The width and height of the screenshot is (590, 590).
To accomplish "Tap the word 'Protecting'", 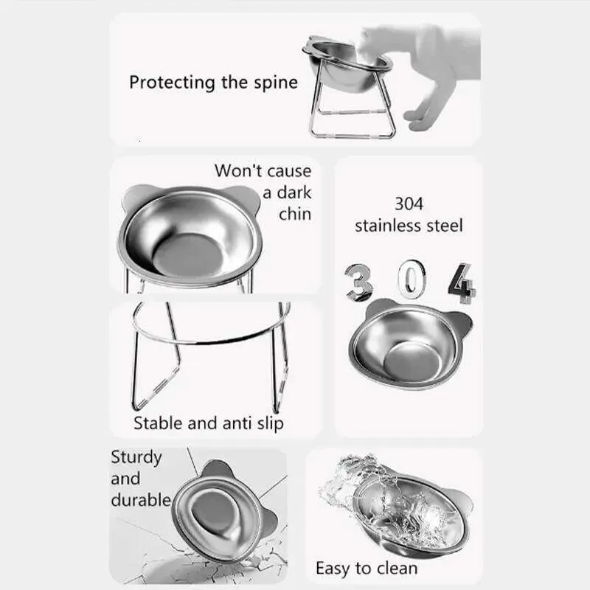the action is point(172,83).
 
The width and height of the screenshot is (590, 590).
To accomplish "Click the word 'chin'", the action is point(295,214).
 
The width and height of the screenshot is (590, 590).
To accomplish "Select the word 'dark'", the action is point(294,192).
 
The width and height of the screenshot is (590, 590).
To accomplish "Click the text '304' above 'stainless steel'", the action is point(409,204).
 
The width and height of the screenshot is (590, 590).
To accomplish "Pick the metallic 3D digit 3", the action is point(358,282).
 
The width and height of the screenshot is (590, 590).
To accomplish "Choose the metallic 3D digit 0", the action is point(412,280).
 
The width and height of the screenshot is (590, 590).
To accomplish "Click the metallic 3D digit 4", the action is point(462,283).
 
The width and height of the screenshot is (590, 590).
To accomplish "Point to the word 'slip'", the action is point(270,424).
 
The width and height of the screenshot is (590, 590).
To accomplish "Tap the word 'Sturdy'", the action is point(136,458).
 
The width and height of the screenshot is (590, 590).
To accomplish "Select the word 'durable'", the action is point(141,500).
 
